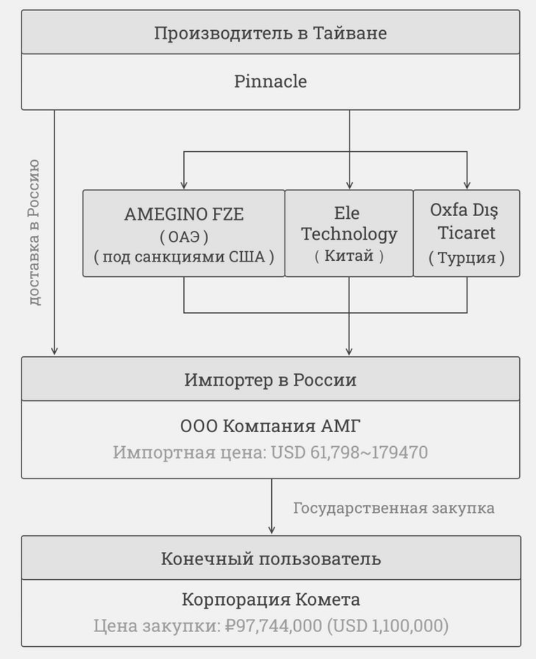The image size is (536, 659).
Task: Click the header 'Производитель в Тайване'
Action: pos(271,32)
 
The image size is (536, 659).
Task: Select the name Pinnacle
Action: pos(271,82)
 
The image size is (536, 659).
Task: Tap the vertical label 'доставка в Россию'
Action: pos(35,232)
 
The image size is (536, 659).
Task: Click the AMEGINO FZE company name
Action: pos(184,215)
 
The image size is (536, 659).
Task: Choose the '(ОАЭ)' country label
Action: pos(184,237)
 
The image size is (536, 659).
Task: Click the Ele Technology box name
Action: pos(349,223)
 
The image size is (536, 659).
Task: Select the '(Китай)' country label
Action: pos(349,258)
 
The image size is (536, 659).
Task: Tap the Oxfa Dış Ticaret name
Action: pos(466,223)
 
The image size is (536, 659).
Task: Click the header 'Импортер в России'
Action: pos(271,380)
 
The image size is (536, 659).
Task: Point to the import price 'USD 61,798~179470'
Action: pos(350,452)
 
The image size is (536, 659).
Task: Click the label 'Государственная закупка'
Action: pos(394,509)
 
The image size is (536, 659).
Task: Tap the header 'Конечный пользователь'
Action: pos(271,558)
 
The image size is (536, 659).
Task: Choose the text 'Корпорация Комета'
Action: pos(271,600)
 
